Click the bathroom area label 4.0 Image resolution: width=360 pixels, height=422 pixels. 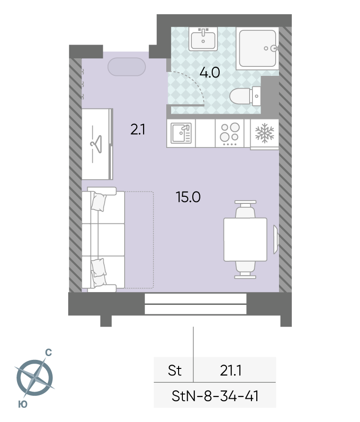tap(210, 73)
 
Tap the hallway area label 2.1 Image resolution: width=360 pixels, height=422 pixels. tap(138, 129)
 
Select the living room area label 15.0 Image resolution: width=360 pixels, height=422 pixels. tap(188, 197)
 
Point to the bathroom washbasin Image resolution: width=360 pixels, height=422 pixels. tap(203, 39)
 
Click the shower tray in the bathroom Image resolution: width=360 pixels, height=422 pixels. tap(258, 48)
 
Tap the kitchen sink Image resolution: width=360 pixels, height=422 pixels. tap(181, 133)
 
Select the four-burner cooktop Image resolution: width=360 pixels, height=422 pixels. tap(230, 133)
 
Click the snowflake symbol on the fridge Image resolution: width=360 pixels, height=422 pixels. tap(265, 133)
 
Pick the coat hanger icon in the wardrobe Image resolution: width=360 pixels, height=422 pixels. tap(97, 144)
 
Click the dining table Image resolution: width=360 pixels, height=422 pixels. tap(245, 239)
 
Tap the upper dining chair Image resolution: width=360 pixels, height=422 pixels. tap(245, 209)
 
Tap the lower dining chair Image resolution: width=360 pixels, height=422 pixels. tap(245, 269)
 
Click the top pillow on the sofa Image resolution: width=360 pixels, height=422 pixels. tap(99, 202)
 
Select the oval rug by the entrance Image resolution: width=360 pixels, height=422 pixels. tap(126, 66)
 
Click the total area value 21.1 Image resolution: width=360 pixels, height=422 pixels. tap(231, 370)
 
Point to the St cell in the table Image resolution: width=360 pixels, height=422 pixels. tap(175, 370)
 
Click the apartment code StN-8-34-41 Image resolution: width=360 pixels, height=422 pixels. tap(215, 396)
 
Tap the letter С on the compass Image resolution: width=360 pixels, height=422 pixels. tap(48, 352)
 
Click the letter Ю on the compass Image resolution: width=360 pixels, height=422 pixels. tap(23, 404)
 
